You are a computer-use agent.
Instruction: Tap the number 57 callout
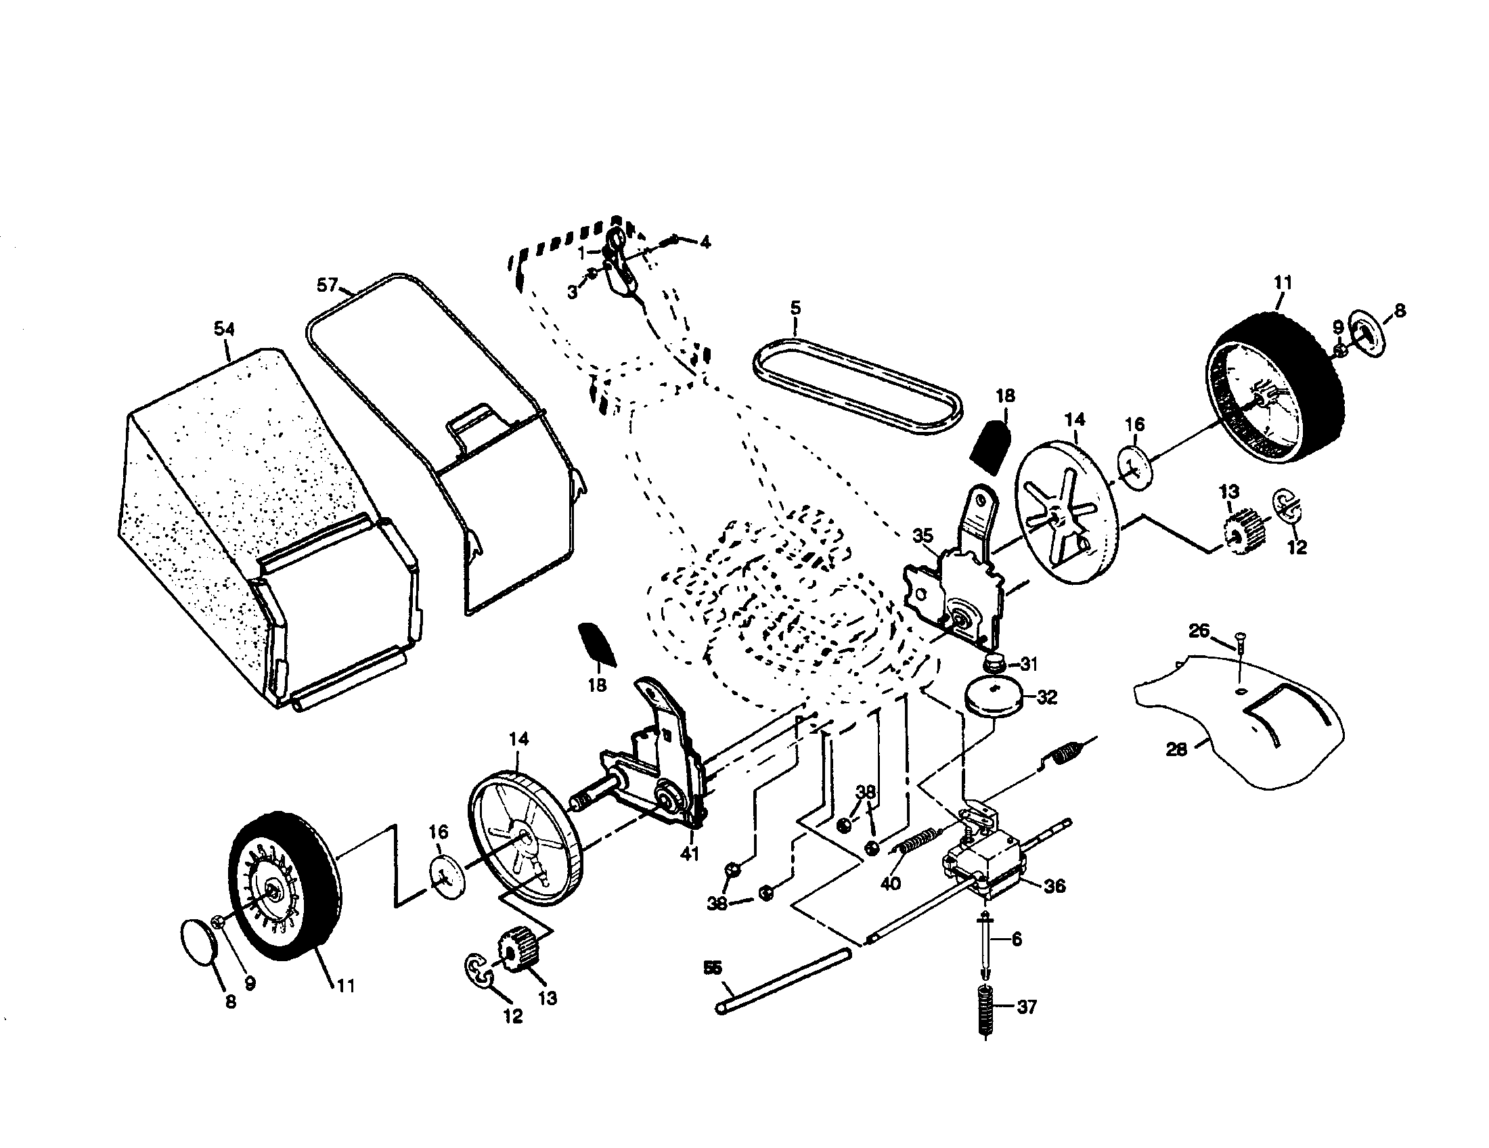click(328, 284)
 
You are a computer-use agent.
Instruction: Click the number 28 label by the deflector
click(1177, 749)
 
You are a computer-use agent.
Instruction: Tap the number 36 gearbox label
click(1054, 886)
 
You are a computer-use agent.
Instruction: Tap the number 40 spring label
click(891, 883)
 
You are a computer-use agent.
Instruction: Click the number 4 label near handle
click(705, 242)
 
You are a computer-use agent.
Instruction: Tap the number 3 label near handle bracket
click(573, 292)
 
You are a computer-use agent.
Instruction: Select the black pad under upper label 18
click(993, 447)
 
